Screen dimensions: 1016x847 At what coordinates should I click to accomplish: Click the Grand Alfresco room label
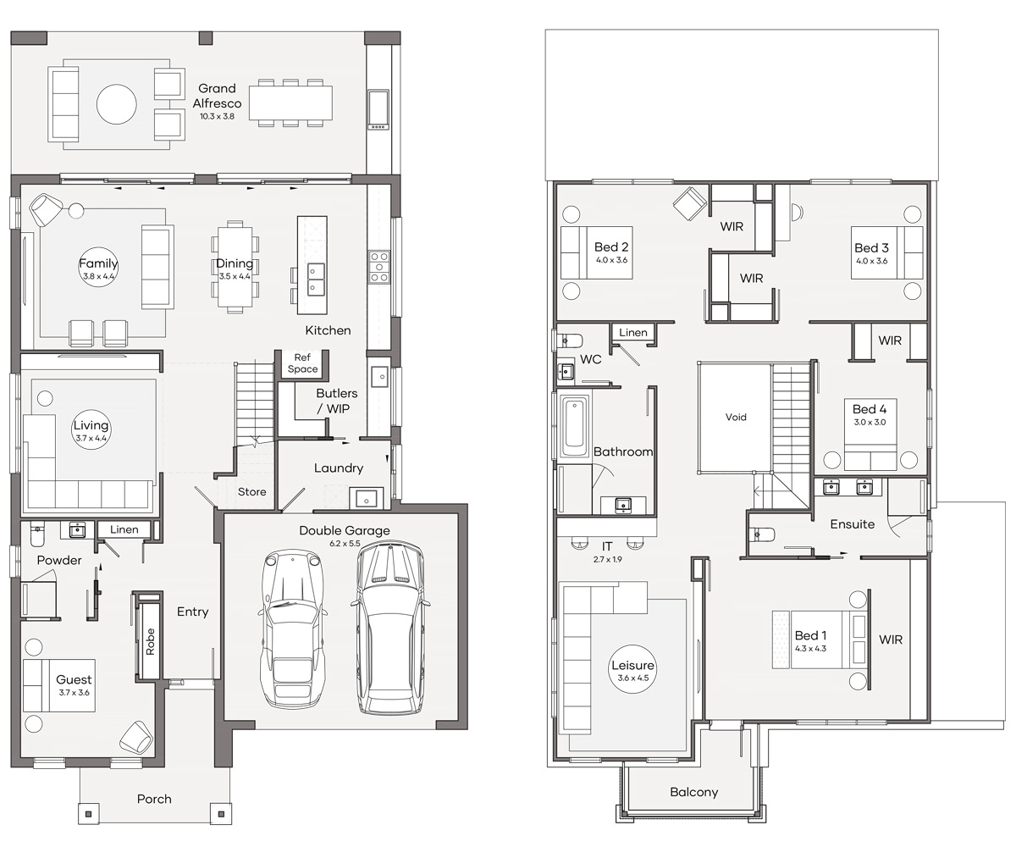point(217,96)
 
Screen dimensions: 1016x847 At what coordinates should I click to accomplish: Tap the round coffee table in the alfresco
point(116,104)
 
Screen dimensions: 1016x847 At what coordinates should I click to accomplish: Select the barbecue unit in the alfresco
point(378,110)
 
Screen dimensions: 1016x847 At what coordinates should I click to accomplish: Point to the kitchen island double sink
point(317,279)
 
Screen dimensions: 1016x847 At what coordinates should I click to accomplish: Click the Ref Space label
point(302,363)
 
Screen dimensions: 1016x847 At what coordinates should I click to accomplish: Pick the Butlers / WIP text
point(337,401)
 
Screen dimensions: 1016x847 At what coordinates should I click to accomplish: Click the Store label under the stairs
point(252,491)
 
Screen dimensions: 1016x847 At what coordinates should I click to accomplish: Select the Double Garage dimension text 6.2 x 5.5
point(345,543)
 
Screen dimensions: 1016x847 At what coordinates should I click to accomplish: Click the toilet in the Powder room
point(37,534)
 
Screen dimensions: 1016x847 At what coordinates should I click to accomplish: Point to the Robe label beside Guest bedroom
point(150,641)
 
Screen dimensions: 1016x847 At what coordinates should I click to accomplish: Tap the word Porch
point(154,799)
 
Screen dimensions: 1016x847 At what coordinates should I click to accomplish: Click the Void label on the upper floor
point(736,418)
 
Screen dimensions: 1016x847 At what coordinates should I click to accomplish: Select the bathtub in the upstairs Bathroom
point(574,427)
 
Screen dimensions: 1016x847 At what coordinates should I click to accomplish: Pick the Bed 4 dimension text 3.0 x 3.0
point(870,422)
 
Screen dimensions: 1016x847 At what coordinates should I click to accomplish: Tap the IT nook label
point(607,546)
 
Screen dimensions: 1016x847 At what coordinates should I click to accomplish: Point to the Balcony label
point(694,793)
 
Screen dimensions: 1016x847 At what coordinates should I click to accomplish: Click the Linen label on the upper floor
point(633,333)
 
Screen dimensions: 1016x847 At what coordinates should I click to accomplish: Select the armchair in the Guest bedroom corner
point(136,738)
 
